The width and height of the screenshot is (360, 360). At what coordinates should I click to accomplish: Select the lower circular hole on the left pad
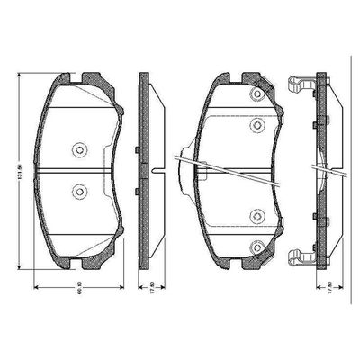79,190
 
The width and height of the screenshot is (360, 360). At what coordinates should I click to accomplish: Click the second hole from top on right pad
257,125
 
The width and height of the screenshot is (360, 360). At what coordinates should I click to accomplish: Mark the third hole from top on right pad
257,214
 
